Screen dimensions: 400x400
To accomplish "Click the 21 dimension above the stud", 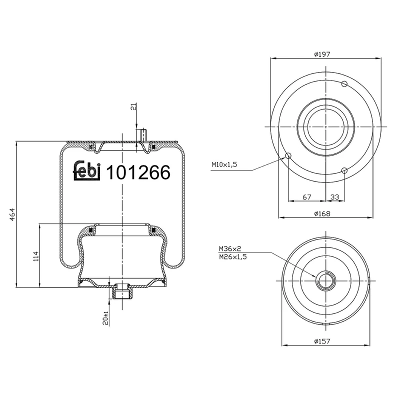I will [132, 106].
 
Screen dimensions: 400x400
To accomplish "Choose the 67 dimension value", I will [307, 197].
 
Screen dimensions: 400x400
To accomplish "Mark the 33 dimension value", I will [334, 197].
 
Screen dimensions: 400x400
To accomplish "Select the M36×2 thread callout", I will [229, 248].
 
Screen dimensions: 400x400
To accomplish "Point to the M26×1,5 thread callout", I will [232, 256].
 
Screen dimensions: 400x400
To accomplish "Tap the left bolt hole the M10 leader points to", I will [288, 156].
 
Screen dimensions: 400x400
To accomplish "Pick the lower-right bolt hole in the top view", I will [344, 171].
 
